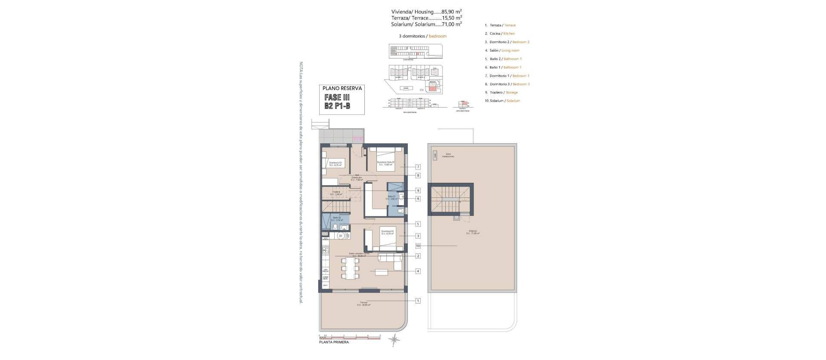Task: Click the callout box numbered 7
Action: click(418, 167)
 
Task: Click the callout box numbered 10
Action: click(418, 246)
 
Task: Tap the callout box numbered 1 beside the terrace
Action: click(418, 301)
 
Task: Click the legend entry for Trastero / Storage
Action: click(503, 92)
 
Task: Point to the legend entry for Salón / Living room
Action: click(504, 50)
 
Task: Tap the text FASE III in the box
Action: click(337, 98)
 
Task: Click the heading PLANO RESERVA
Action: click(342, 88)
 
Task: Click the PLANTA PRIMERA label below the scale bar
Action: click(334, 342)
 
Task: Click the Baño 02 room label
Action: click(337, 218)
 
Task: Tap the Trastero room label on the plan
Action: click(336, 193)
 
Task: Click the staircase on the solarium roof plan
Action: click(450, 199)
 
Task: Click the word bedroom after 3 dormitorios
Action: click(438, 36)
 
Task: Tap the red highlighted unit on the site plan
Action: click(430, 88)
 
